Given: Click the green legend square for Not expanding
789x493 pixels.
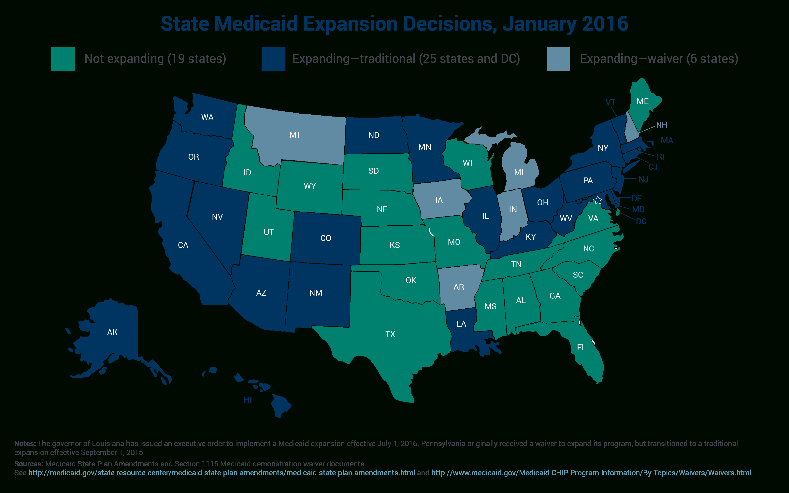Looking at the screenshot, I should [x=63, y=59].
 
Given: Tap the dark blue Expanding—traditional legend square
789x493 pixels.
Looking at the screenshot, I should [x=273, y=59].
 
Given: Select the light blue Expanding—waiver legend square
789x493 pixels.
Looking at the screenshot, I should [x=558, y=59].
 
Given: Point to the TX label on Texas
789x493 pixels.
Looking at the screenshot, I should [x=390, y=334].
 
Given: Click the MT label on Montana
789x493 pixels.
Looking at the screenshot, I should [x=295, y=135].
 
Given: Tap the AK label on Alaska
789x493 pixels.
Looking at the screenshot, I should [x=112, y=332].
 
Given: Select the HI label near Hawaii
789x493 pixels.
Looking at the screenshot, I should [x=248, y=400].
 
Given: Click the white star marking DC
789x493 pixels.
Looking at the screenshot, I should [x=597, y=200].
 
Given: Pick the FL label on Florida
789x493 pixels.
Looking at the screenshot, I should [x=581, y=348].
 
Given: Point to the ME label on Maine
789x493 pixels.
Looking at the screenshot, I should [x=643, y=101].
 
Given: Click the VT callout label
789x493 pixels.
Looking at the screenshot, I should [x=610, y=102].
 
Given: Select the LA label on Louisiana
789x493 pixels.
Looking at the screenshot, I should [x=461, y=324].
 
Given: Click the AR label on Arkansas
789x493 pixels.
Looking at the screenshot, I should [x=459, y=287].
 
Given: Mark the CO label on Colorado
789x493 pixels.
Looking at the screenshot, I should [x=326, y=238].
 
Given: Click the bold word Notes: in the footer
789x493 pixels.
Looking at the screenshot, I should [x=25, y=444].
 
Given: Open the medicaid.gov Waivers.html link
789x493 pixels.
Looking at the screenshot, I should [x=591, y=473].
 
